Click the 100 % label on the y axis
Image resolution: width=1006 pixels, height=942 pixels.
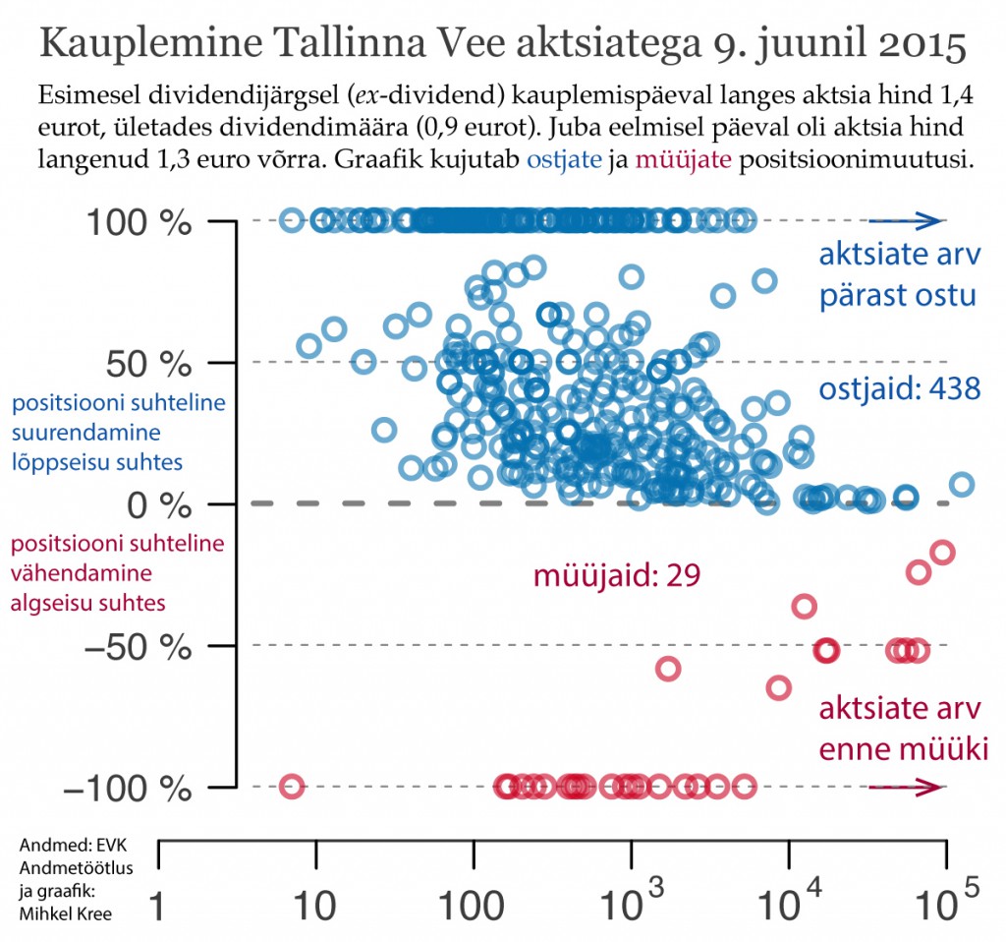pos(142,222)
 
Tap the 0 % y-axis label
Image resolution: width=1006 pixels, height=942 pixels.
pos(162,504)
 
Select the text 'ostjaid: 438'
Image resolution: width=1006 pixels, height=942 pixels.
pos(900,389)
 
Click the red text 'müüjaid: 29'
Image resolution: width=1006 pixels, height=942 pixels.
pos(616,575)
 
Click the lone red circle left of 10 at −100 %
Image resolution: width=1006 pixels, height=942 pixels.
pos(291,787)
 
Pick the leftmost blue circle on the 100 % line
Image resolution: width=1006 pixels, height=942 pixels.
pos(291,220)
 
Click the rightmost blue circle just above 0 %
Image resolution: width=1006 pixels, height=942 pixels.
pos(962,485)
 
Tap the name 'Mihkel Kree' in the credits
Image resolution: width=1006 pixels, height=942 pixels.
pos(65,913)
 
